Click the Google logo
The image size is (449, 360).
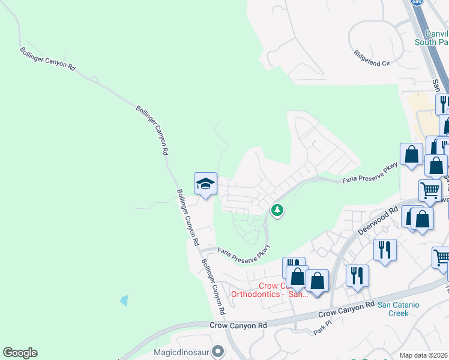[x=20, y=353]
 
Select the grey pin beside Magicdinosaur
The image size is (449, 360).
[x=218, y=350]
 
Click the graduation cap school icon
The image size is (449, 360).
[x=205, y=184]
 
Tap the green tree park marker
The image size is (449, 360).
[x=277, y=211]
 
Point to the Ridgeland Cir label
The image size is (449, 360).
[x=372, y=58]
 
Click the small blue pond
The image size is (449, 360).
[x=124, y=300]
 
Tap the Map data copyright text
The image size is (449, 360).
[x=424, y=355]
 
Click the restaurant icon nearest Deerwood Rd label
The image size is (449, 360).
[x=384, y=248]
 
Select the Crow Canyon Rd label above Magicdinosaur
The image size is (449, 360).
[x=238, y=325]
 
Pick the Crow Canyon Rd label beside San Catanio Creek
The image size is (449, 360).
[x=343, y=310]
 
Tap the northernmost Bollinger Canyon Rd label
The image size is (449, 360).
[x=47, y=60]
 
